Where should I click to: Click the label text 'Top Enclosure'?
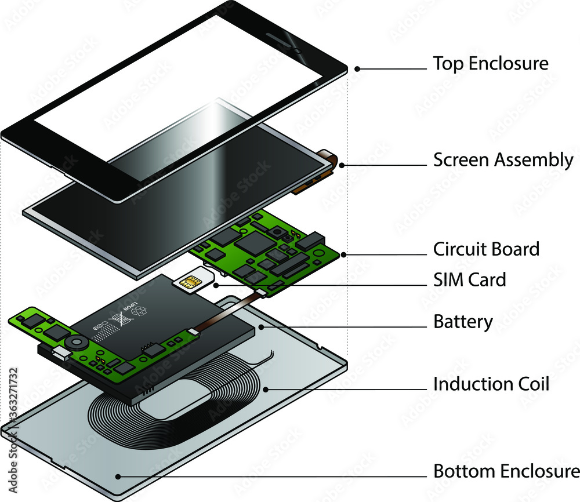491,63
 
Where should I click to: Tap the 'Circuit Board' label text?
486,249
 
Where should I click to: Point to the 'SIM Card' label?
470,280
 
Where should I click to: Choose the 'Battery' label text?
463,321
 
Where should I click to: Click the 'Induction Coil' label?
491,384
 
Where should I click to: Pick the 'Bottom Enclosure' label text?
506,471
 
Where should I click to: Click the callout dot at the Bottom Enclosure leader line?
118,476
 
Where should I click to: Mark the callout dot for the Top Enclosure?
357,68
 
